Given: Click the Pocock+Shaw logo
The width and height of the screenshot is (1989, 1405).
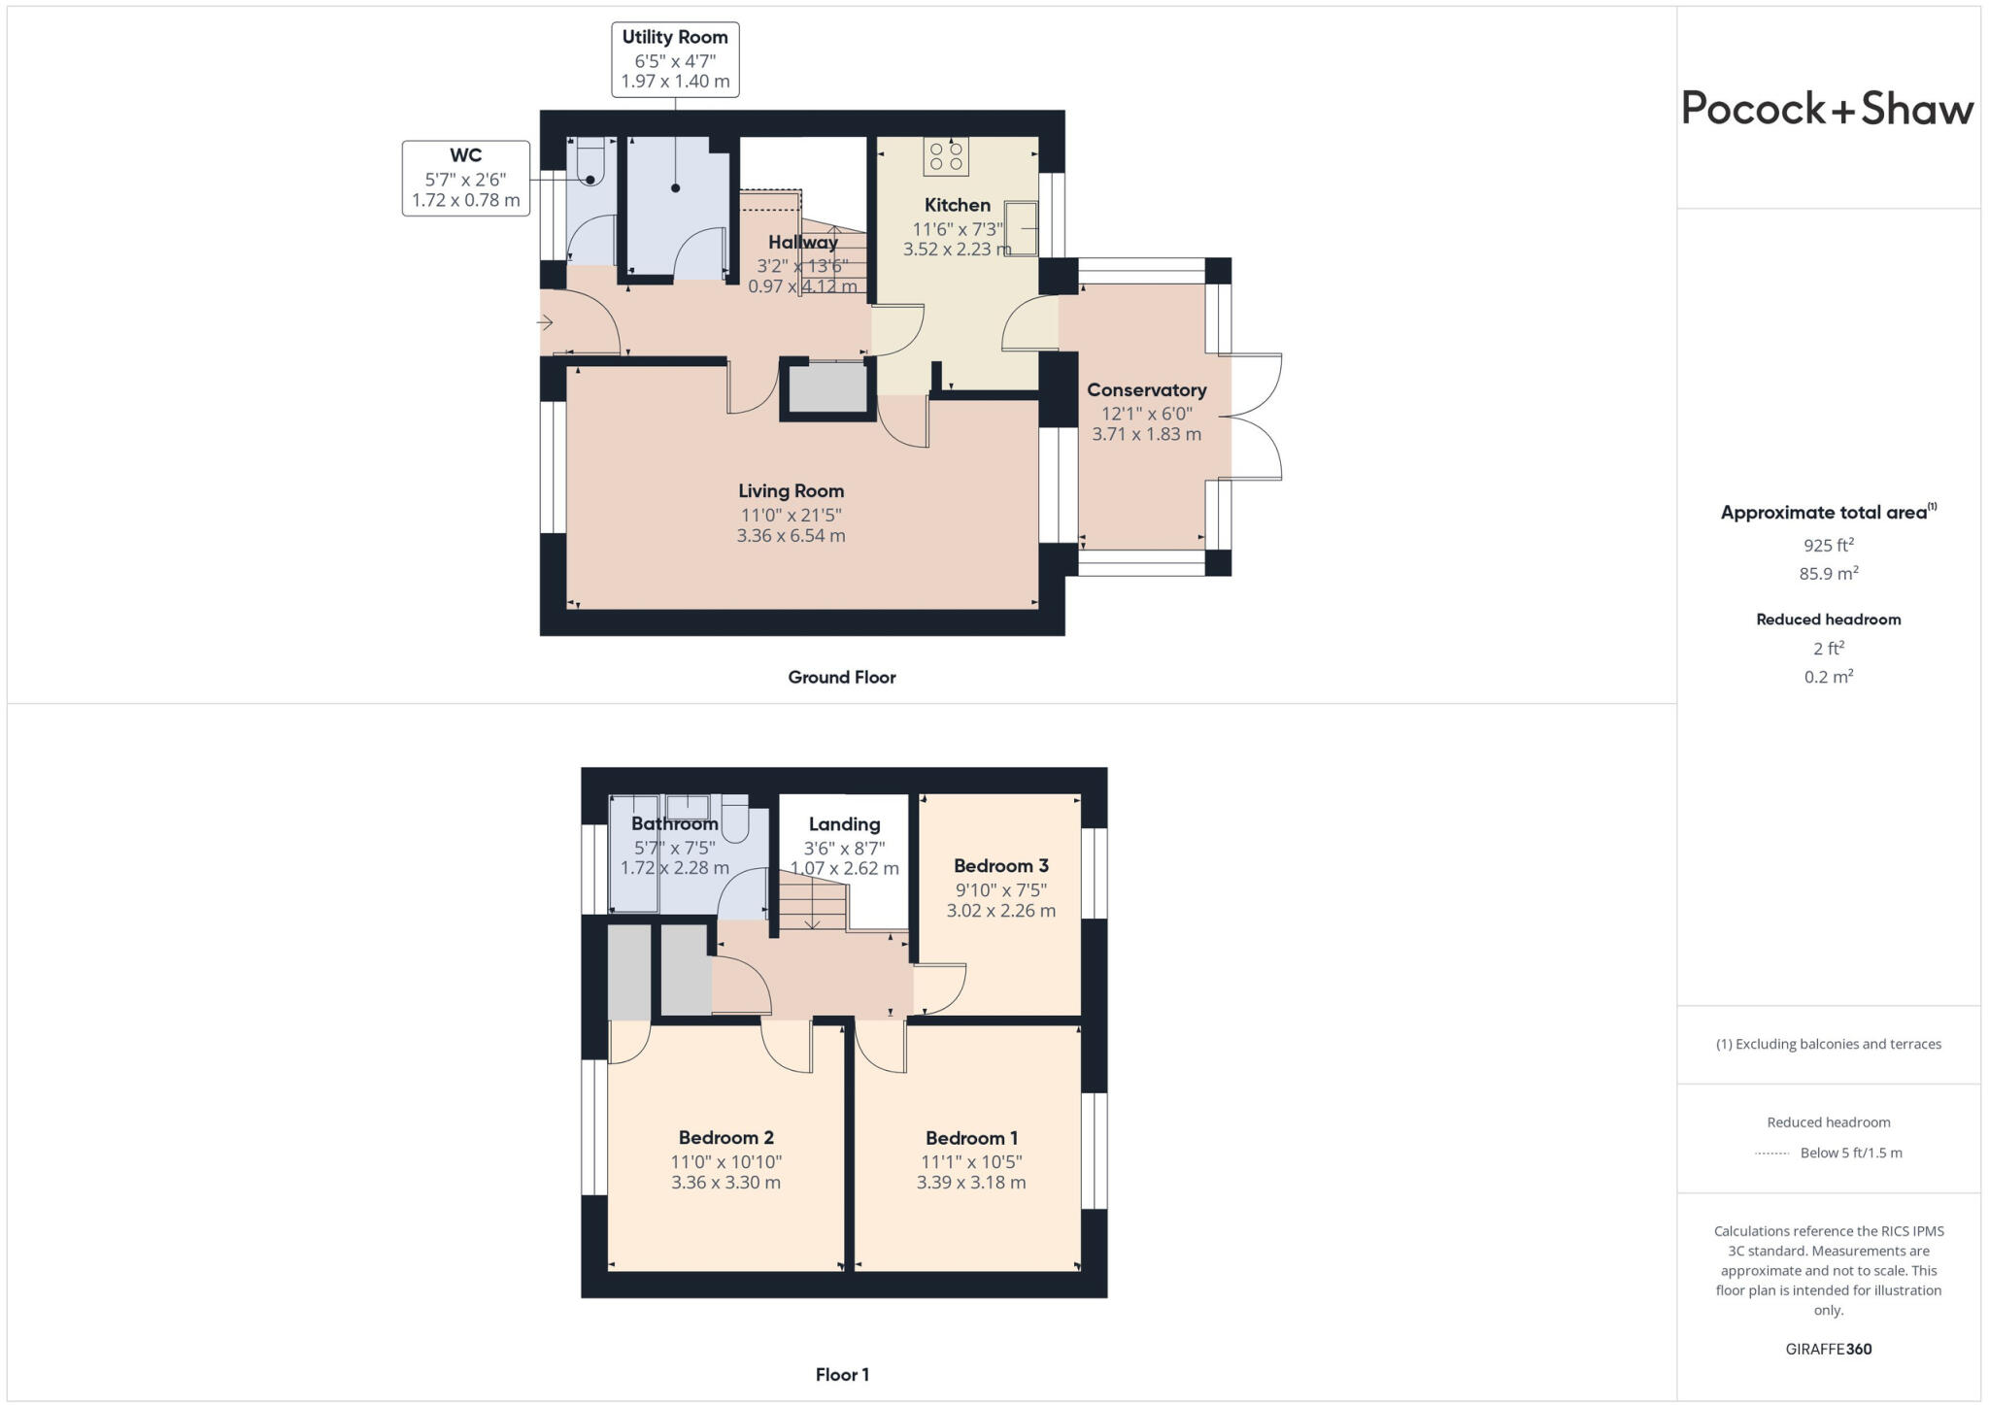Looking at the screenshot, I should [x=1827, y=109].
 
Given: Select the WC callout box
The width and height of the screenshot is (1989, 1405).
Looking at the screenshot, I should [x=465, y=179].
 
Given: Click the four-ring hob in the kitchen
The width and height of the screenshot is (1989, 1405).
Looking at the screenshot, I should [x=945, y=156].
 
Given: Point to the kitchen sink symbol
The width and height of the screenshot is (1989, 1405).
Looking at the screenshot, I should [x=1021, y=228].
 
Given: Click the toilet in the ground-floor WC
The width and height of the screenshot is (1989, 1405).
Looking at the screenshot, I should [x=590, y=162].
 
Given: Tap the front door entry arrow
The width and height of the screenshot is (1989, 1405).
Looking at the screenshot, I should [x=545, y=322].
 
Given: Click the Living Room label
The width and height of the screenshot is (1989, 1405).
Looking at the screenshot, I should [x=791, y=491].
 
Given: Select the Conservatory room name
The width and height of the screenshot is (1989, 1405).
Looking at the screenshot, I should [x=1146, y=390].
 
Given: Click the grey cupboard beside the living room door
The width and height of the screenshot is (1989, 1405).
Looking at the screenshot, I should [x=827, y=387].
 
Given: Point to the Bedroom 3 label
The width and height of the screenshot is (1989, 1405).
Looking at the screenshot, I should [x=1000, y=866].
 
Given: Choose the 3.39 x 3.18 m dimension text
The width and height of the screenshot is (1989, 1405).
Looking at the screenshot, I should [x=970, y=1183].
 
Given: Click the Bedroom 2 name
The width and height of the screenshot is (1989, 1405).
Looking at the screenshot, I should [x=725, y=1138].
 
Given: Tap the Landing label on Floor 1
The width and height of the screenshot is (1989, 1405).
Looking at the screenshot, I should [x=844, y=824].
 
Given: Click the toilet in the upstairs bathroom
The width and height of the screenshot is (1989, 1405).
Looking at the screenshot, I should [x=735, y=819].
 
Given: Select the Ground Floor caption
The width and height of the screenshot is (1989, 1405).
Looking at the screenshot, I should [x=841, y=678].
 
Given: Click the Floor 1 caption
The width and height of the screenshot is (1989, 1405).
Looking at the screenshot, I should [x=841, y=1375].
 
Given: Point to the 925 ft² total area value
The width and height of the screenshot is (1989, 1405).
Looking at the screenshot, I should [x=1828, y=546].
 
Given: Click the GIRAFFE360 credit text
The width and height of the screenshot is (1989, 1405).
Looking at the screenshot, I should [x=1828, y=1349].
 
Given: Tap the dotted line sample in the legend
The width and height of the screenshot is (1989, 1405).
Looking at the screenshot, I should [x=1771, y=1154].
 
